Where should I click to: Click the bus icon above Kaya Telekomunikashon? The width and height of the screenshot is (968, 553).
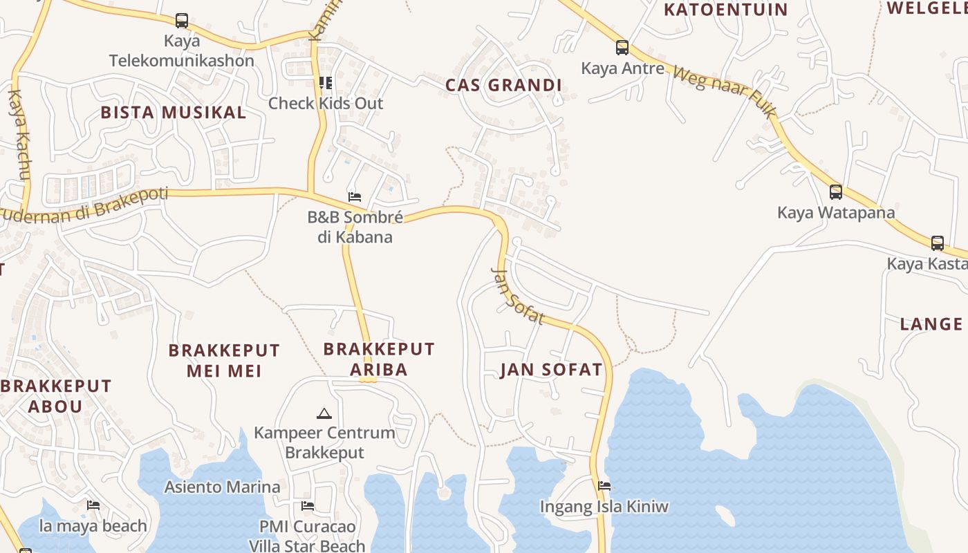point(182,21)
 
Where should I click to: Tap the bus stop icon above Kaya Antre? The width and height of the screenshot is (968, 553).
point(622,48)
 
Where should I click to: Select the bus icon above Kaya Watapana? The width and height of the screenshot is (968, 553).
point(836,191)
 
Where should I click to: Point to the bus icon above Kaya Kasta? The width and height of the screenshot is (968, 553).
point(938,243)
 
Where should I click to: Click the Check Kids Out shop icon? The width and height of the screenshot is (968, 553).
point(326,84)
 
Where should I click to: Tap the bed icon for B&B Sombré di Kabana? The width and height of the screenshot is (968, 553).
point(355,197)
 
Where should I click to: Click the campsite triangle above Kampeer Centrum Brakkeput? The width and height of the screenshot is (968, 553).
point(324,413)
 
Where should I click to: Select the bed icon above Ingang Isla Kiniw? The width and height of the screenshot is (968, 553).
point(604,486)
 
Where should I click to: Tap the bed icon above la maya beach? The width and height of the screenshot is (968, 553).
point(93,505)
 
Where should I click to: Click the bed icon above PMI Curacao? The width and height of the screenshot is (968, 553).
point(308,506)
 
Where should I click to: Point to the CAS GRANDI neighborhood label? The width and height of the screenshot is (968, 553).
point(503,86)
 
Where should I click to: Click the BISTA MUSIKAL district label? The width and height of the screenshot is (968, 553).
point(174,113)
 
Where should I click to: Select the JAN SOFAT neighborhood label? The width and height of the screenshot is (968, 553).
point(551,370)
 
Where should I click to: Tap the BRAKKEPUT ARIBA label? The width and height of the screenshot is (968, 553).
point(379,359)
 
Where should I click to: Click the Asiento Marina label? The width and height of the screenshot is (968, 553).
point(222,487)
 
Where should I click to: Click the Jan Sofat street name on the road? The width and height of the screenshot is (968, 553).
point(518,297)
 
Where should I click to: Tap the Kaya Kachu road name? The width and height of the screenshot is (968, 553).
point(19,135)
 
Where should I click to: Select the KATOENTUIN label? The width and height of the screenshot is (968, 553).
point(726,10)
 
